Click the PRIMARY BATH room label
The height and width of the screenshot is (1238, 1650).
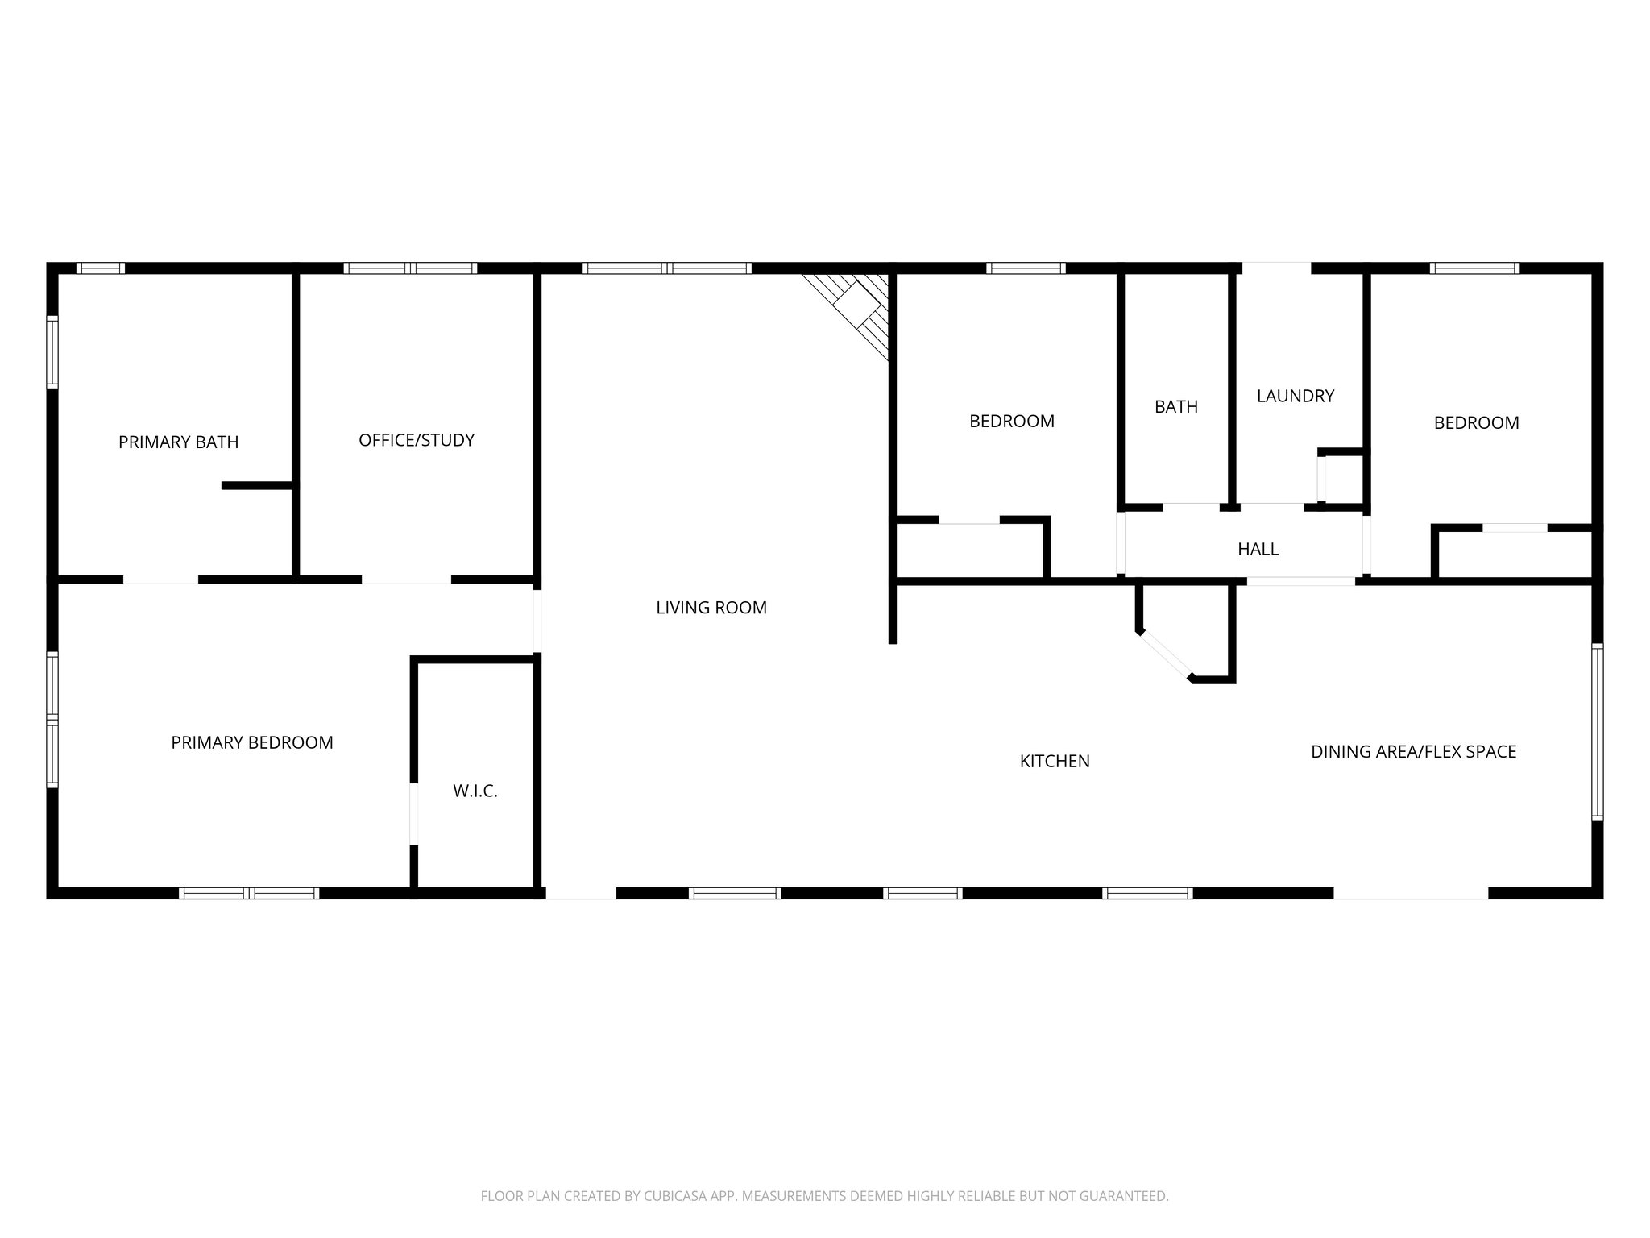pyautogui.click(x=178, y=442)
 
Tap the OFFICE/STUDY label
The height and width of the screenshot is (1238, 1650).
pyautogui.click(x=417, y=441)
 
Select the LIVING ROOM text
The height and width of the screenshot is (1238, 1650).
pyautogui.click(x=711, y=609)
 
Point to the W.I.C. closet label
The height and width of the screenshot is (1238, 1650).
pyautogui.click(x=475, y=791)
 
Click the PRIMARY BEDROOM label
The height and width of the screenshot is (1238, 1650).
pyautogui.click(x=252, y=743)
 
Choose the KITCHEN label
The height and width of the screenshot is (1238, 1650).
pyautogui.click(x=1055, y=762)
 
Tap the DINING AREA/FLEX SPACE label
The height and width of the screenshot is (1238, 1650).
pyautogui.click(x=1413, y=752)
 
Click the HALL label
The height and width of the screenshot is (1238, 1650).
pyautogui.click(x=1258, y=550)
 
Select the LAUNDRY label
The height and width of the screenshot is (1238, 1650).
pyautogui.click(x=1296, y=397)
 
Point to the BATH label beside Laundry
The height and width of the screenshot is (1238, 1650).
pyautogui.click(x=1176, y=407)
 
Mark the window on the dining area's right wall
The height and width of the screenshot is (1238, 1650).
pyautogui.click(x=1597, y=732)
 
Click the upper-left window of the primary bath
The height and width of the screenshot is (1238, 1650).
pyautogui.click(x=101, y=268)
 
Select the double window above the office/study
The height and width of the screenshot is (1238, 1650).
pyautogui.click(x=411, y=268)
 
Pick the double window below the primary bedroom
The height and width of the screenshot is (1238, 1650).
pyautogui.click(x=249, y=893)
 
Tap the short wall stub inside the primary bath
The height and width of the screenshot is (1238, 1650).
pyautogui.click(x=257, y=485)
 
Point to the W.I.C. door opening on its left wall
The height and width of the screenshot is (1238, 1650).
pyautogui.click(x=414, y=813)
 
